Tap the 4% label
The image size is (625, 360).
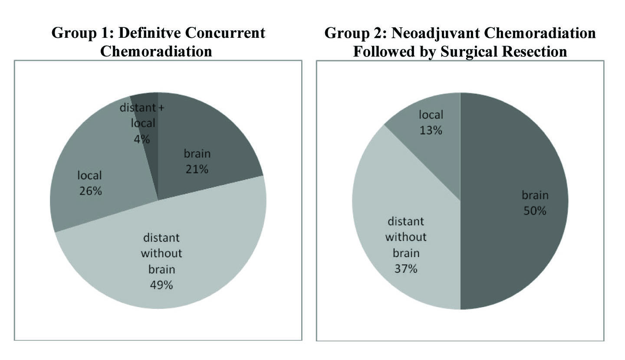click(142, 139)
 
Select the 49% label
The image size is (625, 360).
click(161, 285)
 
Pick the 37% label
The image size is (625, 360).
click(405, 269)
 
